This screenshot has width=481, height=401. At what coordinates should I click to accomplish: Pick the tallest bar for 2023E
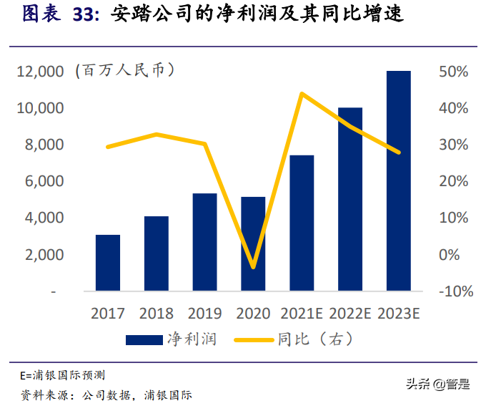pyautogui.click(x=399, y=180)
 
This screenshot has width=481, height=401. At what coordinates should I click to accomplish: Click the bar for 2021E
pyautogui.click(x=302, y=223)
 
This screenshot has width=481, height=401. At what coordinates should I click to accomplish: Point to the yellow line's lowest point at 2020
pyautogui.click(x=253, y=267)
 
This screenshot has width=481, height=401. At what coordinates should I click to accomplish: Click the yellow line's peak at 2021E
pyautogui.click(x=302, y=94)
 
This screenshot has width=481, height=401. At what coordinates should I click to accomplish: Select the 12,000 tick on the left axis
pyautogui.click(x=40, y=72)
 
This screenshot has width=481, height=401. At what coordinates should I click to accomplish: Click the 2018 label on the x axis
pyautogui.click(x=156, y=313)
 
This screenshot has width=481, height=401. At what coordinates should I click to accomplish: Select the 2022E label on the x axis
pyautogui.click(x=349, y=313)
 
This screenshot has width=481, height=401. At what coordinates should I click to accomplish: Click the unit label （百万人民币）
pyautogui.click(x=124, y=70)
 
